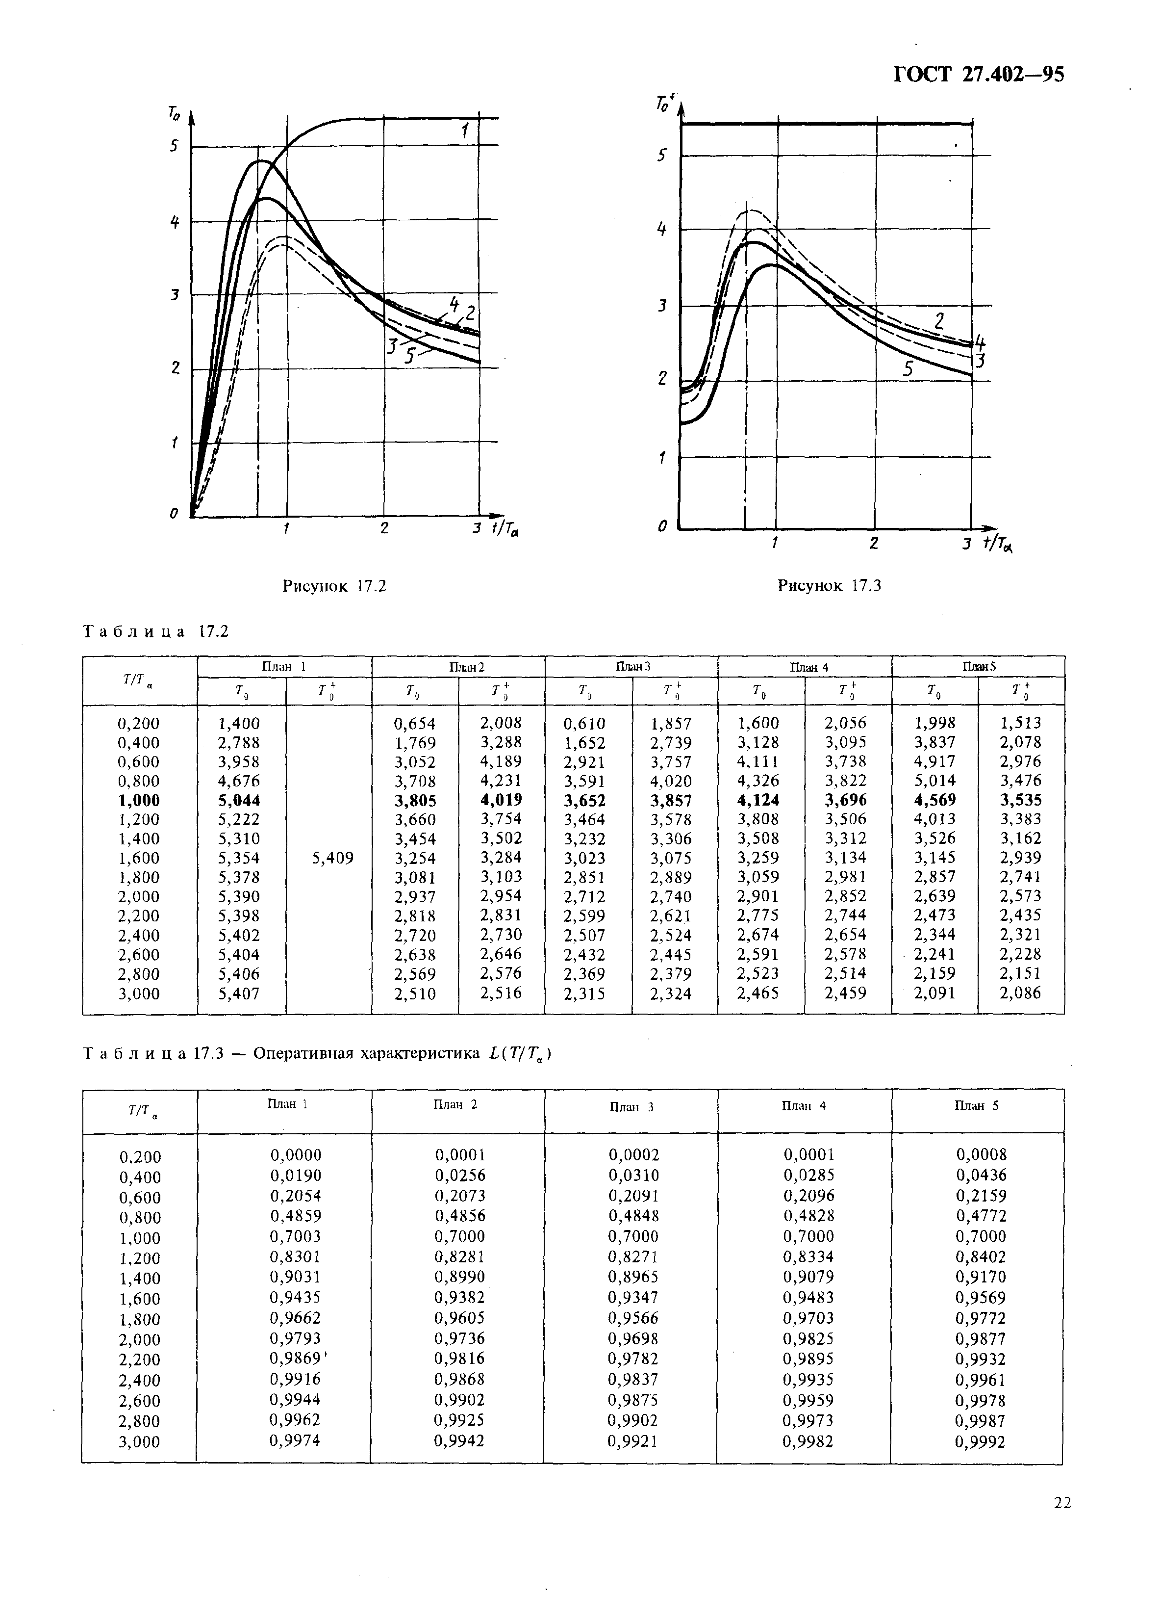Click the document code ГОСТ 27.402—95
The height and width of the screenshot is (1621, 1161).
coord(979,75)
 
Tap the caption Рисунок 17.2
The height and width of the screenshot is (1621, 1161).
coord(334,586)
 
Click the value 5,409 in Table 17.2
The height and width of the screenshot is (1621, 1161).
coord(333,858)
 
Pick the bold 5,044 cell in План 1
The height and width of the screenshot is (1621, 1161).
coord(239,800)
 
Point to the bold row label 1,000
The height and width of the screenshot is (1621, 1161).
coord(139,800)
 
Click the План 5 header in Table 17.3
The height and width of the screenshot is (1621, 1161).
coord(977,1105)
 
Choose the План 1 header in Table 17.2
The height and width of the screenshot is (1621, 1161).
coord(284,666)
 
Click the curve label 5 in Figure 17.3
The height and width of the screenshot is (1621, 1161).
coord(908,369)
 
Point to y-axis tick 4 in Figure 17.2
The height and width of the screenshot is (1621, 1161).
coord(174,222)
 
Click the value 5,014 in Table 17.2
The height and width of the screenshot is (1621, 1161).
coord(934,781)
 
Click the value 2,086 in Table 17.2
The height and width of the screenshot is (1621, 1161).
coord(1020,993)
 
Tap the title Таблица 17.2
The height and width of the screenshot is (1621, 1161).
coord(156,631)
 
